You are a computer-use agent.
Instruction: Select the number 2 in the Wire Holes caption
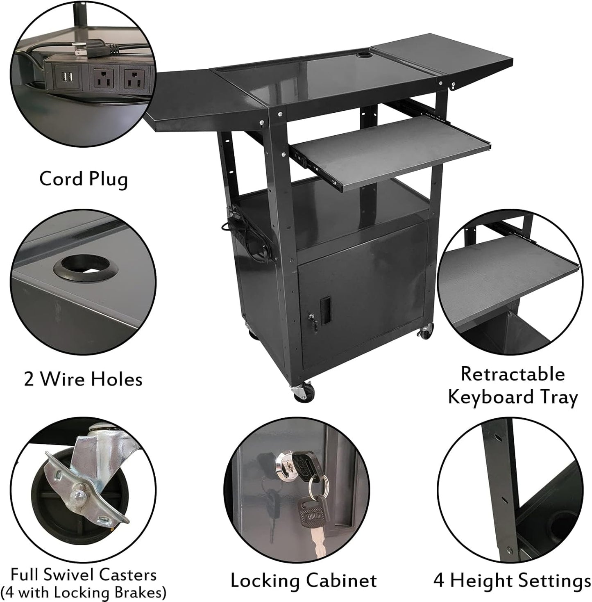[29, 379]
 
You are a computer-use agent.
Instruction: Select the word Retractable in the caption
[513, 374]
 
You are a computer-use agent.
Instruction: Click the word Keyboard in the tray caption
[488, 397]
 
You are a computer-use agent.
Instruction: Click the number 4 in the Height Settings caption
[439, 581]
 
